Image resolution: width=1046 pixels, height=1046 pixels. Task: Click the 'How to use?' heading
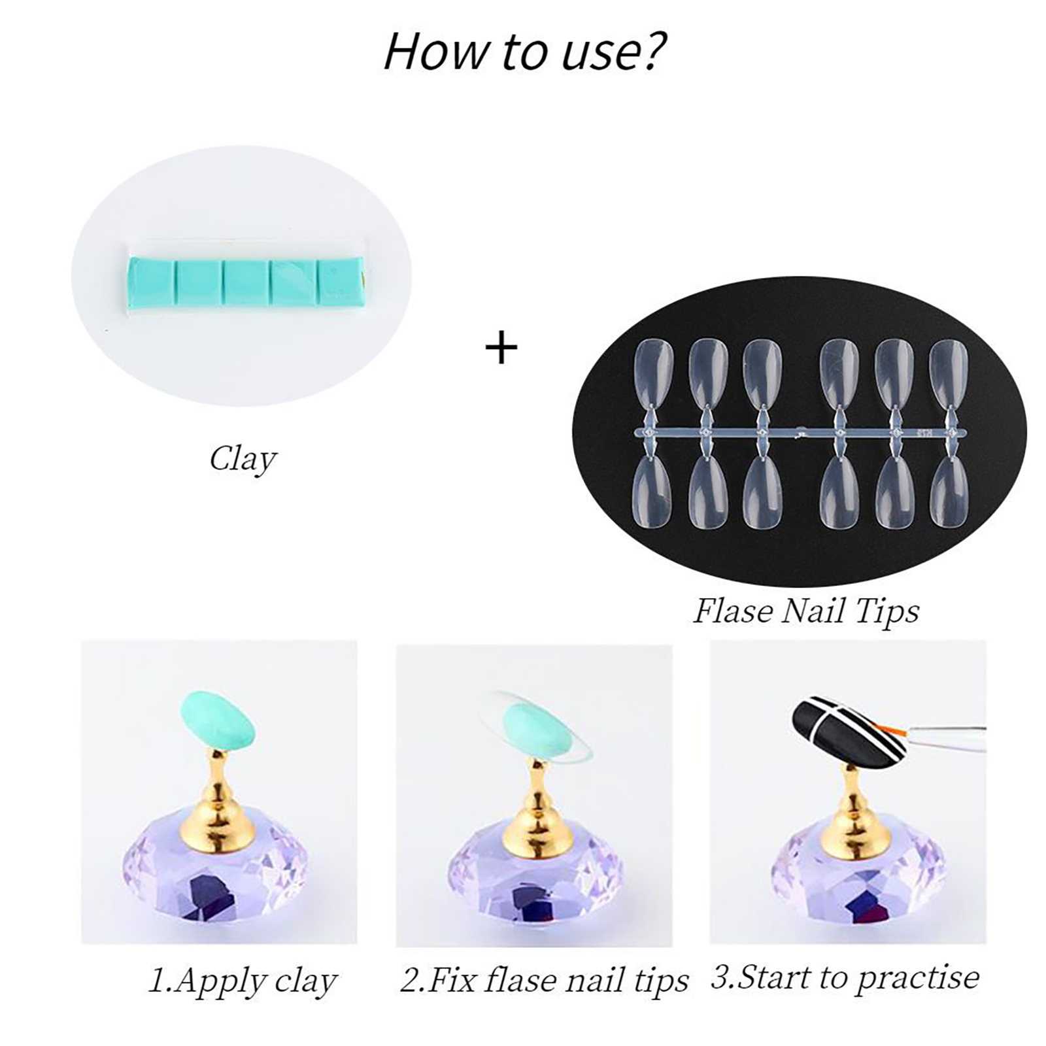[x=525, y=51]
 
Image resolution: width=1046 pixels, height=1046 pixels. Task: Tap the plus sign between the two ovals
[x=501, y=347]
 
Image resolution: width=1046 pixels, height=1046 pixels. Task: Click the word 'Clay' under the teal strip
[x=243, y=460]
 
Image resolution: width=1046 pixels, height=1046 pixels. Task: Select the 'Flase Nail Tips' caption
[x=806, y=612]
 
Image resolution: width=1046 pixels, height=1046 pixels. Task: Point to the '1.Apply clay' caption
[x=243, y=981]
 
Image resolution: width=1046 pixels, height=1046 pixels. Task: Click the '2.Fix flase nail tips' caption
[x=545, y=981]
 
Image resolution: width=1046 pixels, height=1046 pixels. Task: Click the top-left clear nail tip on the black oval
[x=654, y=371]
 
